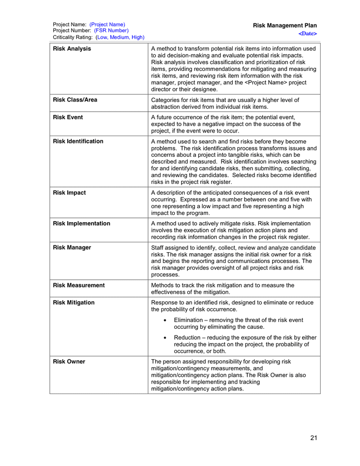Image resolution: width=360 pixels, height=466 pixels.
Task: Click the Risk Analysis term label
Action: point(72,49)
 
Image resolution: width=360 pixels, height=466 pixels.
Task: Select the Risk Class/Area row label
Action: point(75,100)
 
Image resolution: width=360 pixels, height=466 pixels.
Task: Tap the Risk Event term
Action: point(68,118)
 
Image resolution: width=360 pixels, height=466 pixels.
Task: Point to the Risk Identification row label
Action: point(78,141)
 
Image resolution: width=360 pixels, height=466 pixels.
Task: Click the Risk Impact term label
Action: point(69,193)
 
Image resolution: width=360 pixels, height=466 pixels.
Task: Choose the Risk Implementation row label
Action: point(82,224)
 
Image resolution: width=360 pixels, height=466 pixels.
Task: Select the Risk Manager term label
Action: point(72,247)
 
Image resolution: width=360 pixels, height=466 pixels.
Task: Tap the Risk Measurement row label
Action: point(79,285)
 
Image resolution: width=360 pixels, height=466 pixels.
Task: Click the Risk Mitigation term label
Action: point(74,302)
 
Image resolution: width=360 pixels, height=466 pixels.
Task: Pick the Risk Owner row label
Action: point(69,361)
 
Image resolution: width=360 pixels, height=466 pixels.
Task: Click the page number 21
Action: point(313,438)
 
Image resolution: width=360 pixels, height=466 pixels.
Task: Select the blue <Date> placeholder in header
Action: point(308,34)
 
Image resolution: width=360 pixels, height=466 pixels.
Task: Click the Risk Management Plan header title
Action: point(285,25)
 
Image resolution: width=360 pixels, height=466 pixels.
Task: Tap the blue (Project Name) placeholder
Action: point(107,24)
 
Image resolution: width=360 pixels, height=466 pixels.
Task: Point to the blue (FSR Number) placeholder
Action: point(111,31)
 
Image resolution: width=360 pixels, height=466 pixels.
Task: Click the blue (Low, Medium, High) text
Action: point(120,37)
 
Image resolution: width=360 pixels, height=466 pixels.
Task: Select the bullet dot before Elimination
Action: point(164,321)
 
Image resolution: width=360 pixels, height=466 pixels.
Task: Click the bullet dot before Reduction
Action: point(164,338)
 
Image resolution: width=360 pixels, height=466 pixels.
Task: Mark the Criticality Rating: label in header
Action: point(73,37)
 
